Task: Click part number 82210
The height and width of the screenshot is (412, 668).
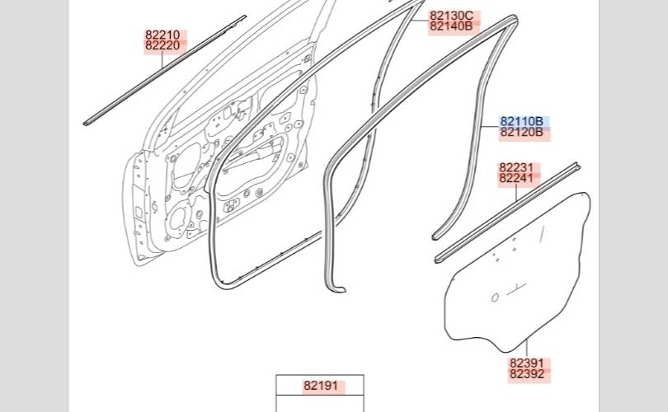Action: coord(162,35)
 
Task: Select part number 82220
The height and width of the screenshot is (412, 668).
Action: coord(162,45)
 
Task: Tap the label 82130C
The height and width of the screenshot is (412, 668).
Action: coord(452,16)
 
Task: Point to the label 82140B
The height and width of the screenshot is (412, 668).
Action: coord(451,26)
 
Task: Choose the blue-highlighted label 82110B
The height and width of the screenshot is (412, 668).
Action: coord(521,122)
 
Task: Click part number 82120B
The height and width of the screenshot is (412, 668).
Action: coord(521,133)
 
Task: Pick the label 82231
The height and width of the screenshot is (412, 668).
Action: coord(516,168)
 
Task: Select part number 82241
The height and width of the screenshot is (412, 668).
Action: coord(516,178)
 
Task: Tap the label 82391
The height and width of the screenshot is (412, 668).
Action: coord(527,363)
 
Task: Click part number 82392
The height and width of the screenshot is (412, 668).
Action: coord(527,374)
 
